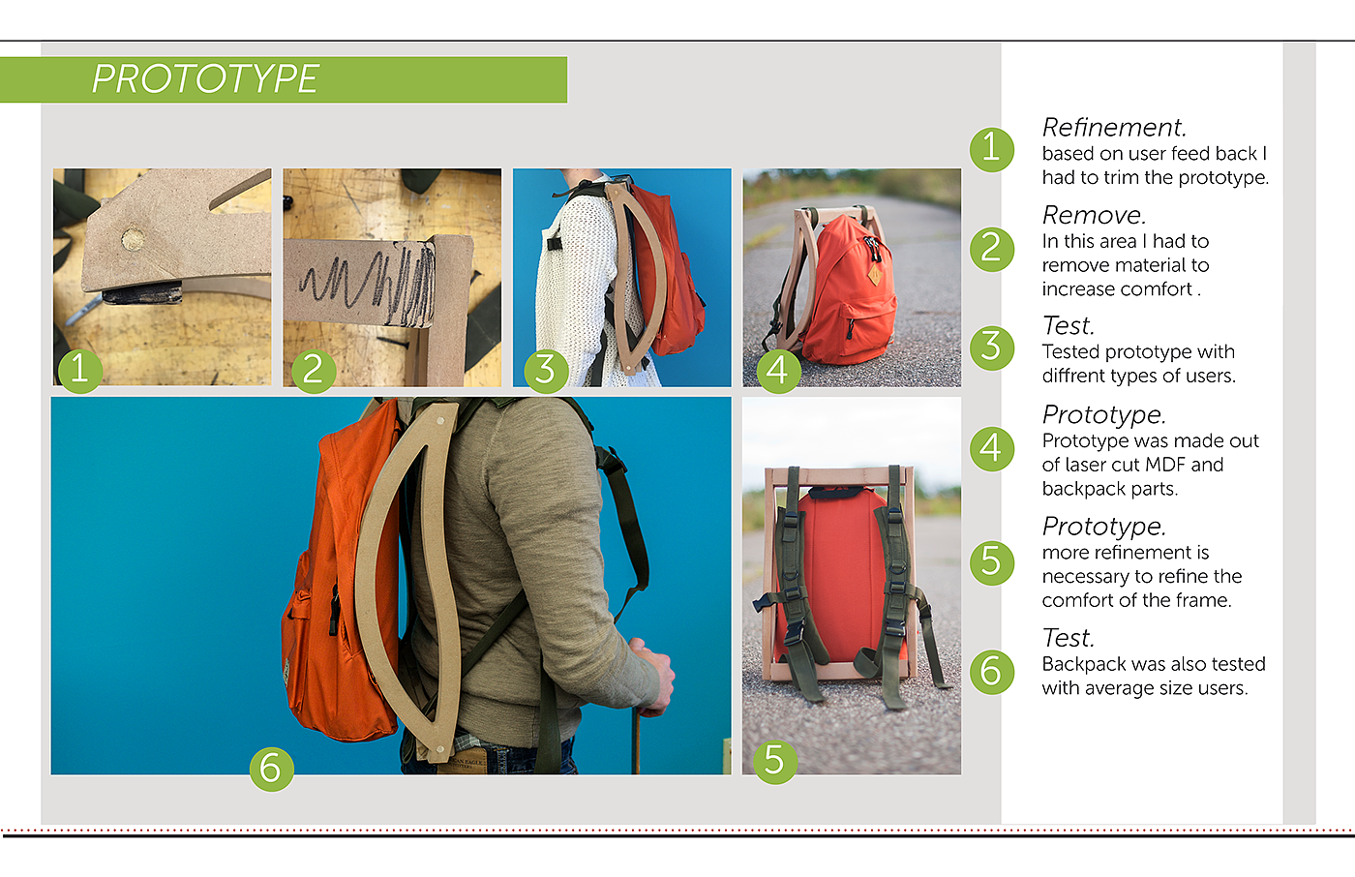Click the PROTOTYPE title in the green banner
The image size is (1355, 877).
[204, 79]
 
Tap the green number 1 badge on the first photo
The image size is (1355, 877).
[79, 371]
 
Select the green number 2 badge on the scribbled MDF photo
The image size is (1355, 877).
[314, 371]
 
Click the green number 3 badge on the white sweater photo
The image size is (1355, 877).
[546, 371]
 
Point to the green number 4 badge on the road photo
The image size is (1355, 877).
[779, 371]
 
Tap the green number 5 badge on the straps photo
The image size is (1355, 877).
[775, 762]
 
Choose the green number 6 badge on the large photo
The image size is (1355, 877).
[272, 769]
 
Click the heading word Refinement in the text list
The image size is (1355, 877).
[1114, 128]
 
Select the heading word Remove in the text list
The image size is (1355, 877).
[1094, 215]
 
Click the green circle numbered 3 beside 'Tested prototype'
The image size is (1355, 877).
[992, 348]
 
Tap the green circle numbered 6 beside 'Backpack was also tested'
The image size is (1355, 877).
[992, 672]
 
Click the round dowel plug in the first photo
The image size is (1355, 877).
[133, 239]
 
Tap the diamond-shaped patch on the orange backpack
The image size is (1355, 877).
[875, 276]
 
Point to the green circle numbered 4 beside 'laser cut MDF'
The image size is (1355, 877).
[992, 449]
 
